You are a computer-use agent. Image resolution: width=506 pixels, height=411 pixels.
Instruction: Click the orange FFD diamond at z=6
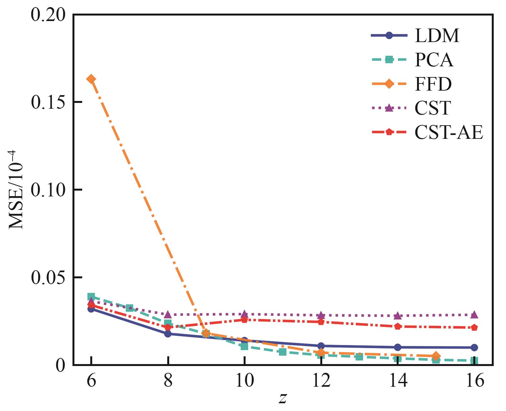[91, 79]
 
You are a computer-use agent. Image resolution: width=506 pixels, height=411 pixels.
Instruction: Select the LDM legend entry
[437, 36]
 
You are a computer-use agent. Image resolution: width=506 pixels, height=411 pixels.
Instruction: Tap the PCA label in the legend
[434, 60]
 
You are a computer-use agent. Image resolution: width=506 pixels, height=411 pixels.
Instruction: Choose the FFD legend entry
[433, 84]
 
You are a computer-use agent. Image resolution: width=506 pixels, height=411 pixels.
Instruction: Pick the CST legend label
[433, 108]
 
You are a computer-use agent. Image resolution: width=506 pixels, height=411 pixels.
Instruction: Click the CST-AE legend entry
[449, 132]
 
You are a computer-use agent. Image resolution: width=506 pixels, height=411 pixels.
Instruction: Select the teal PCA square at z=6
[91, 297]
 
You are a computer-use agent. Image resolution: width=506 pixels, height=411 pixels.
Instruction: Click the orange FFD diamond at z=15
[436, 356]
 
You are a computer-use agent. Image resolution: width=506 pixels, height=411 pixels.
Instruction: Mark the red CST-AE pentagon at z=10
[245, 320]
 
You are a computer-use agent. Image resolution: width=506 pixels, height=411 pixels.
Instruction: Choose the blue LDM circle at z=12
[321, 346]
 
